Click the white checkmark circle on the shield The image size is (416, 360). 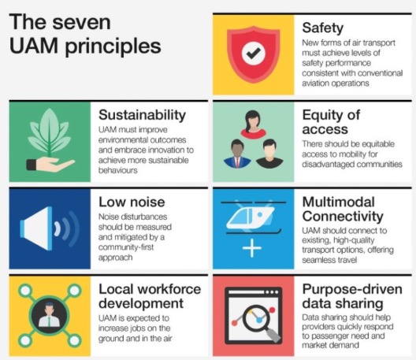254,54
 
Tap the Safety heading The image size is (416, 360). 322,28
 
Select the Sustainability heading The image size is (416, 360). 142,115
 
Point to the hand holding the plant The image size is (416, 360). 50,165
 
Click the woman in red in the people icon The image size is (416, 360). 254,124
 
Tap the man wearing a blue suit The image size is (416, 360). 237,154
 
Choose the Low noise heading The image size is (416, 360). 132,202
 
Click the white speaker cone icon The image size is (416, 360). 36,228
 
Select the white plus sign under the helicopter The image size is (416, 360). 252,248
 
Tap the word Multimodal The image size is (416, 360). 338,202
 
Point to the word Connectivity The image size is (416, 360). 343,217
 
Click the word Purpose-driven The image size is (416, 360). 352,289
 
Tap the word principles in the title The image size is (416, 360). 113,47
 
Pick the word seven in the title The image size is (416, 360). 81,23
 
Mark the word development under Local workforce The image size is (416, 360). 141,304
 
